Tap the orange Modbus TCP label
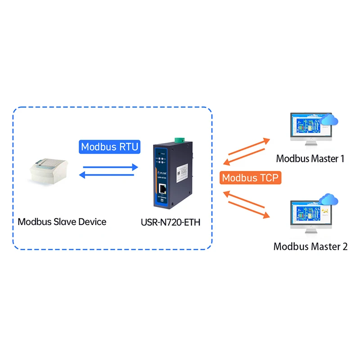coord(251,177)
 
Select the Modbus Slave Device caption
coord(62,222)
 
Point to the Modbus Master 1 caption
coord(310,158)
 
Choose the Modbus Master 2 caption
coord(310,247)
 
